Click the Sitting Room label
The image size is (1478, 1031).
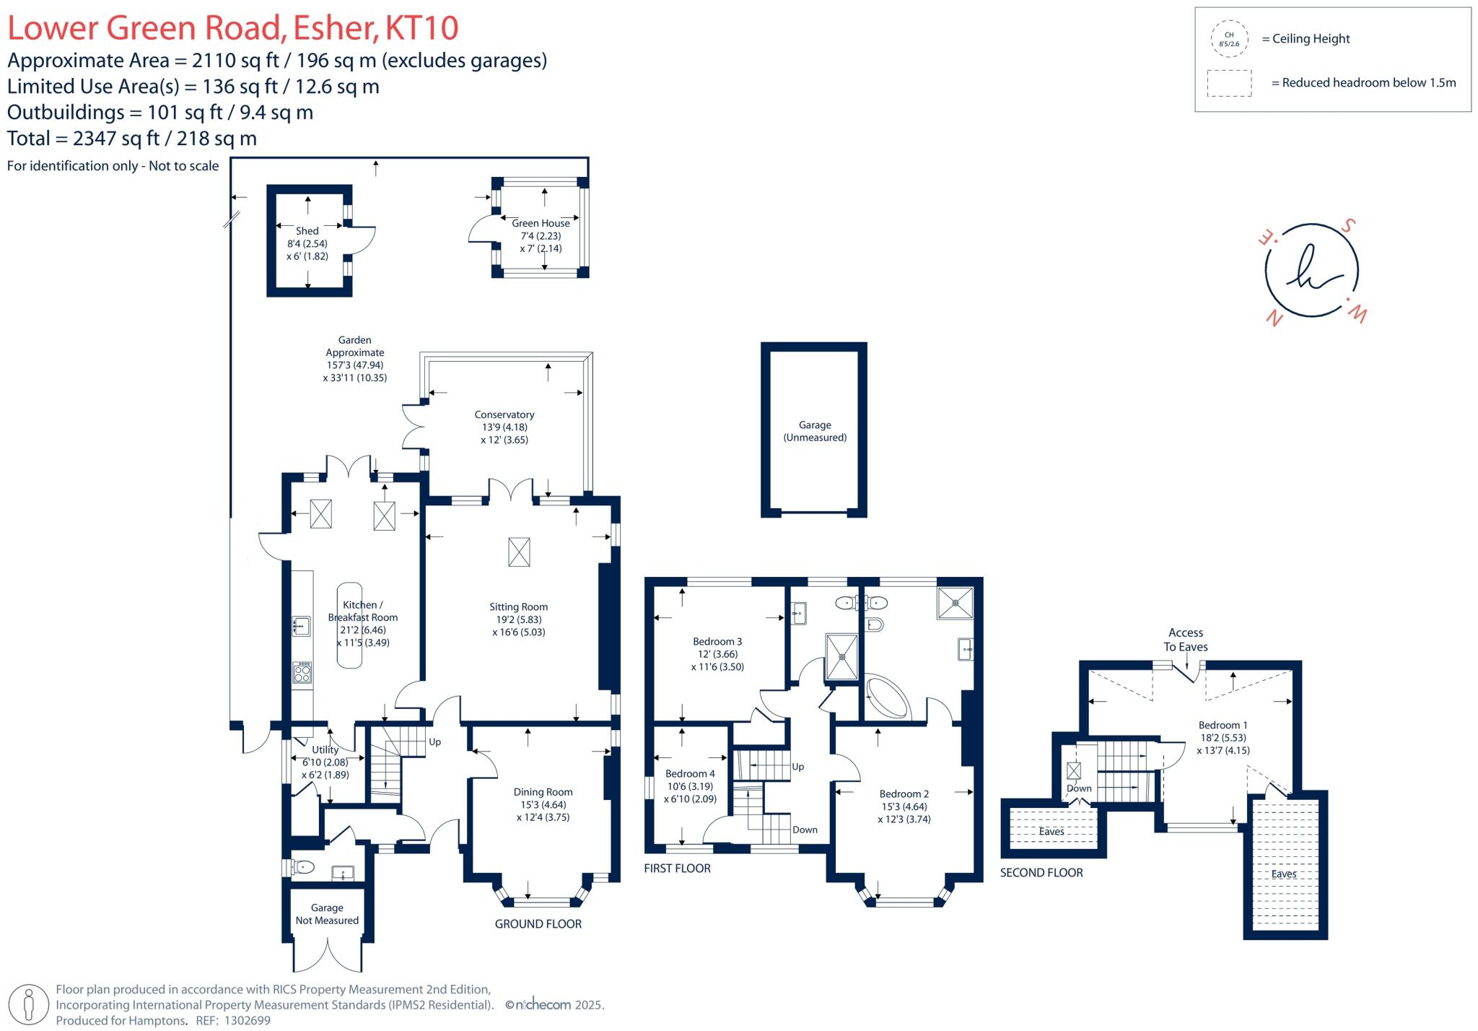tap(518, 607)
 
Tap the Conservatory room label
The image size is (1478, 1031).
tap(504, 414)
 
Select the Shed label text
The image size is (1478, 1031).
tap(307, 231)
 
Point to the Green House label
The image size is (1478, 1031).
tap(541, 223)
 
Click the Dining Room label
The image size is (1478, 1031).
tap(543, 792)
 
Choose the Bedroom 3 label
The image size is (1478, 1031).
tap(717, 641)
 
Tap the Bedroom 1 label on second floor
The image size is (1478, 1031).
tap(1223, 725)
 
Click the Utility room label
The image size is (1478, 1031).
tap(325, 750)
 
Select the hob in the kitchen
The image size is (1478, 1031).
tap(302, 673)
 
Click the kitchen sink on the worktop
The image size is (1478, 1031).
tap(301, 625)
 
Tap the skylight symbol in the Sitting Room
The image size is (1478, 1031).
tap(519, 552)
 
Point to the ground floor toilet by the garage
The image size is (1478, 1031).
tap(302, 867)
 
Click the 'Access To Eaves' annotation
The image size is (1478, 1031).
tap(1185, 640)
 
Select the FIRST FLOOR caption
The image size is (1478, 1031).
tap(677, 869)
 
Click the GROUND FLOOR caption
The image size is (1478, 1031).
tap(538, 924)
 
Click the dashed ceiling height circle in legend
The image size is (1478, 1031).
tap(1229, 39)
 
